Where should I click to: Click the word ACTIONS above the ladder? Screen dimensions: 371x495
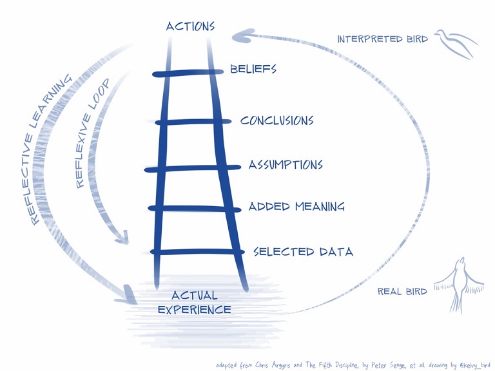tap(189, 26)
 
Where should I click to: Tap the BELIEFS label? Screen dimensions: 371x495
tap(253, 69)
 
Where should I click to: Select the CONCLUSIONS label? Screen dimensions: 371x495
tap(277, 120)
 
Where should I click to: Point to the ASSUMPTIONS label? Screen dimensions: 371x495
tap(286, 165)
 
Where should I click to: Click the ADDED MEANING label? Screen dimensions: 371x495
tap(296, 207)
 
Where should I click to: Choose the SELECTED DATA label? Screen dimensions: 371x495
tap(303, 251)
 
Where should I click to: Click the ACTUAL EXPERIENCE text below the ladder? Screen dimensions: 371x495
tap(194, 303)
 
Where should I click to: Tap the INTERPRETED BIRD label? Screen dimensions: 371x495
tap(382, 39)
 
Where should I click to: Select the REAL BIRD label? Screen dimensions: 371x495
tap(402, 292)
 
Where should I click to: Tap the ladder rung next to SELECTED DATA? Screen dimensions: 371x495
tap(197, 251)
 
